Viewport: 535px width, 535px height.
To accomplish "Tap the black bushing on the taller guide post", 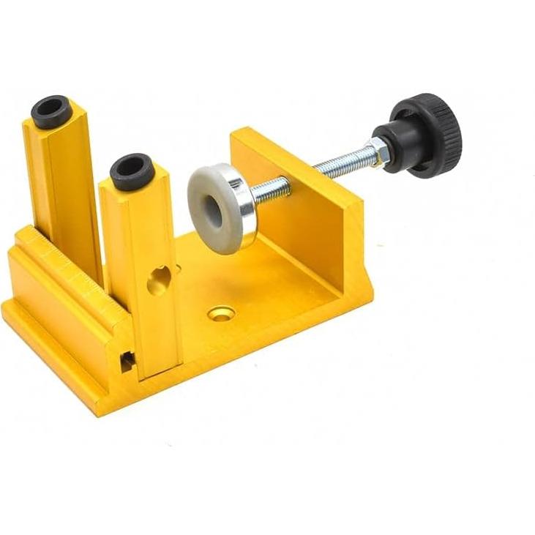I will click(51, 112).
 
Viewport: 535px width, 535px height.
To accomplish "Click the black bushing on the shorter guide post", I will click(132, 171).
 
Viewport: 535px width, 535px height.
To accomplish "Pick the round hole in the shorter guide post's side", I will click(160, 280).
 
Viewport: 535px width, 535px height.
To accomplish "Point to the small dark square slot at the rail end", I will click(127, 360).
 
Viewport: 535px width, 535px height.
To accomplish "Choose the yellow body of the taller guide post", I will click(66, 190).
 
